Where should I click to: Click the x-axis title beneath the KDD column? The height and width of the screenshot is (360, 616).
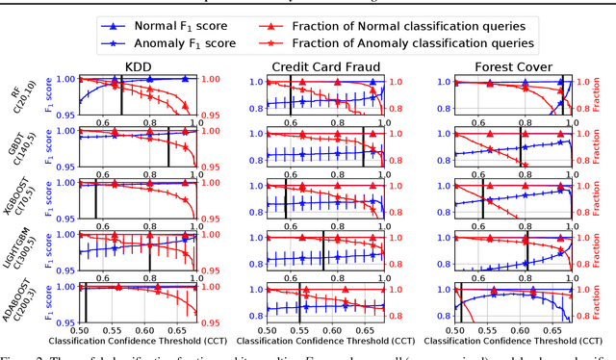138,343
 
